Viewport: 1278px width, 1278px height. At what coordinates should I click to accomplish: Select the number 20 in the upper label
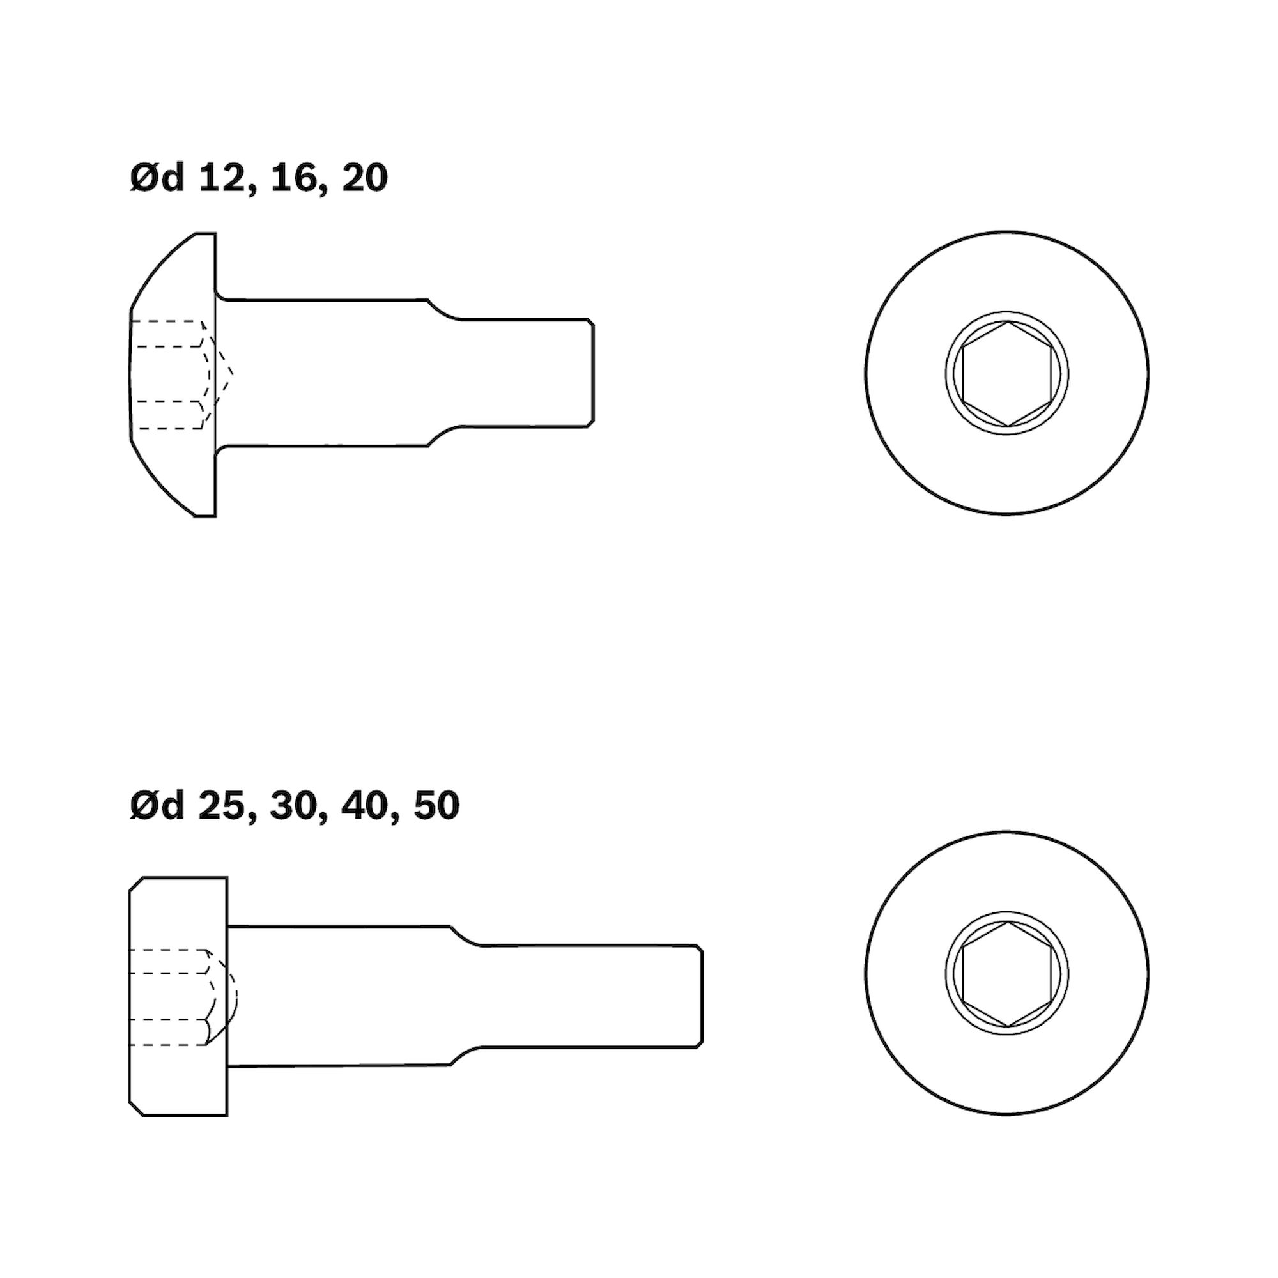364,180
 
